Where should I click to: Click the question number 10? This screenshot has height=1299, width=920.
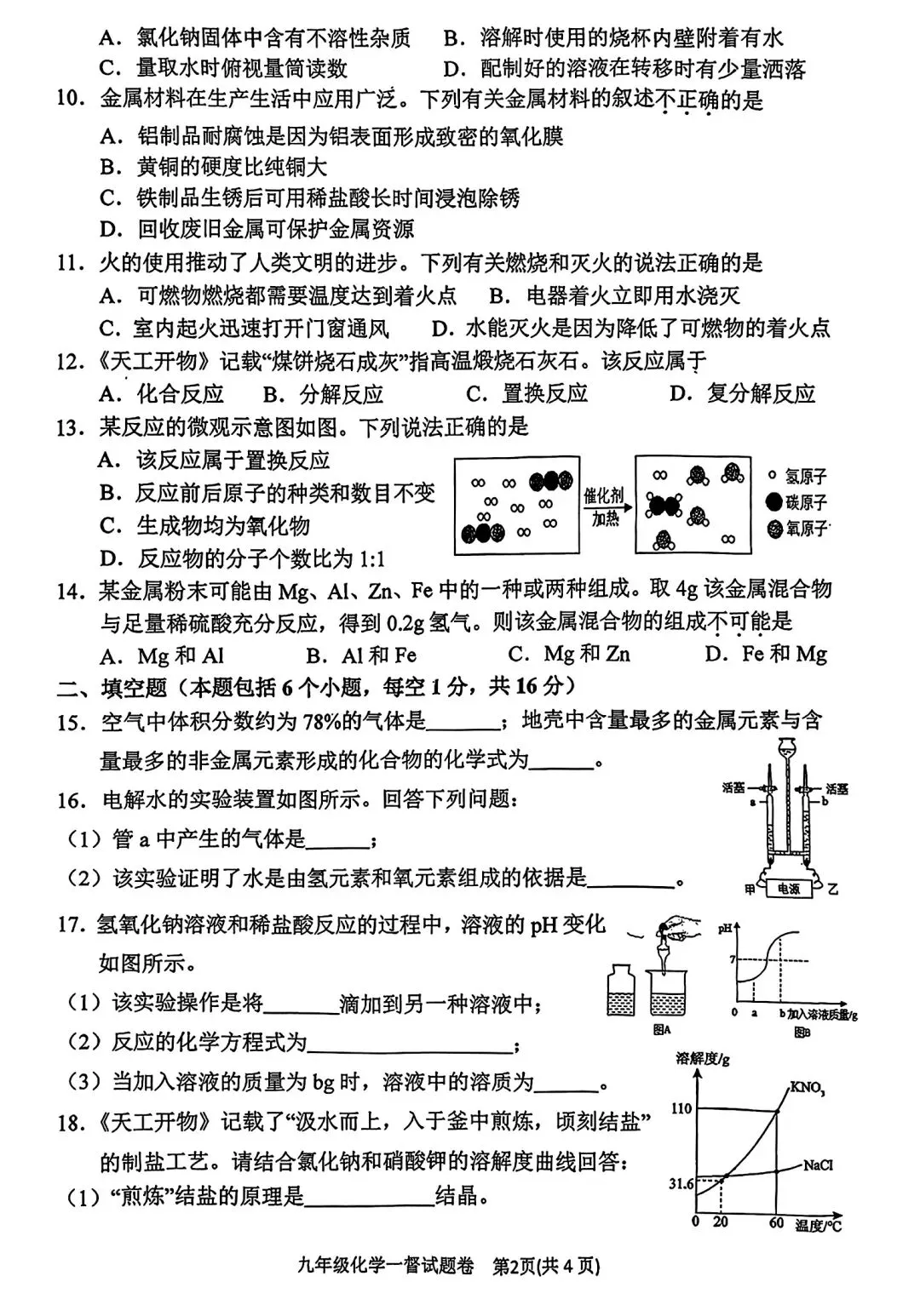[72, 101]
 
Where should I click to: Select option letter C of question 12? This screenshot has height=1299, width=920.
[477, 393]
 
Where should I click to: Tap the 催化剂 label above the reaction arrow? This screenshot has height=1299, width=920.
[604, 495]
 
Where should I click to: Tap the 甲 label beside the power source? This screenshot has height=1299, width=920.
[750, 890]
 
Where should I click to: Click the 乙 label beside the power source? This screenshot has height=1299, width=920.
[833, 890]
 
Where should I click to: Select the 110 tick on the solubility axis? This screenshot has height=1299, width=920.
[681, 1108]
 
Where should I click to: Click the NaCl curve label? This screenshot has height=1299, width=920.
[819, 1165]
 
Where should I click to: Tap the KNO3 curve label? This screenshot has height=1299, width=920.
[807, 1087]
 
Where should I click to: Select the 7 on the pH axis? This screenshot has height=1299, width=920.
[731, 959]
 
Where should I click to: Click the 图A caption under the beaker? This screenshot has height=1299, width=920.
[662, 1029]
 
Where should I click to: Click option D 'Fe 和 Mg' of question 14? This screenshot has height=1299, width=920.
[767, 654]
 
